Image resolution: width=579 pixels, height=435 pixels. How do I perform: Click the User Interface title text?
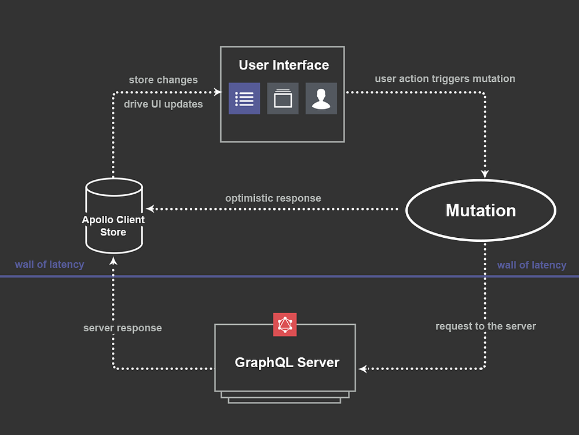(x=284, y=65)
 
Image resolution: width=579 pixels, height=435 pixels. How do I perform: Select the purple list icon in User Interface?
(x=244, y=99)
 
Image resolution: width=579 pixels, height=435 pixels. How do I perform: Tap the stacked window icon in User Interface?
(x=283, y=99)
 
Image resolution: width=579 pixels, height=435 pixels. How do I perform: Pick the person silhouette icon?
(x=321, y=99)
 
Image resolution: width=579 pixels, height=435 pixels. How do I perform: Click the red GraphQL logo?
(x=285, y=325)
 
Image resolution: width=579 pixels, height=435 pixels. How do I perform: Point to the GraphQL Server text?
(x=287, y=362)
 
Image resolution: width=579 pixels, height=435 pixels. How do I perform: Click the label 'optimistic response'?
(x=273, y=198)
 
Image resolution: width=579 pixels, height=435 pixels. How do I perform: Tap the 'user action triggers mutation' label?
(x=445, y=79)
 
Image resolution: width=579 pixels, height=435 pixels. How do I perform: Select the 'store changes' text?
(x=163, y=80)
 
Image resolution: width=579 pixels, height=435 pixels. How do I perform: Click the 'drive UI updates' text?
(x=163, y=104)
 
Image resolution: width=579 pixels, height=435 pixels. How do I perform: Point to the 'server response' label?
(x=123, y=328)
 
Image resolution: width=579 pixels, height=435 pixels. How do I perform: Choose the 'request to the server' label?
(x=486, y=326)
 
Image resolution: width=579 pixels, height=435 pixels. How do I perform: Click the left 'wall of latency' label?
(x=49, y=264)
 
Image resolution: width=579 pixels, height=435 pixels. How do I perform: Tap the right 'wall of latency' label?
(x=532, y=265)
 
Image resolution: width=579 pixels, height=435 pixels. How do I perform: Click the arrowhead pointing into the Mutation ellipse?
(x=485, y=174)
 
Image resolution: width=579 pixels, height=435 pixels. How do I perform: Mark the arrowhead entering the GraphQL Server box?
(x=362, y=369)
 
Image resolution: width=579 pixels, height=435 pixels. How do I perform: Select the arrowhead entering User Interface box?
(x=218, y=92)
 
